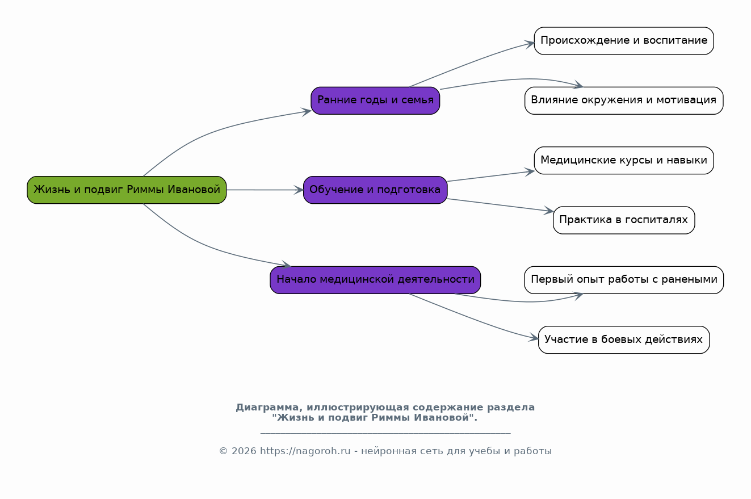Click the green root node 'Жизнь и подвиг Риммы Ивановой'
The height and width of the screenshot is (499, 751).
pos(127,190)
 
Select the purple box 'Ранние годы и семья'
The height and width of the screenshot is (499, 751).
pos(375,100)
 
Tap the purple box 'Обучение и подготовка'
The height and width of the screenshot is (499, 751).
pos(375,190)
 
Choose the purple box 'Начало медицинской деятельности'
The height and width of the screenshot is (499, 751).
pos(375,280)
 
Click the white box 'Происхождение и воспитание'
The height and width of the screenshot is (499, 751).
pos(624,41)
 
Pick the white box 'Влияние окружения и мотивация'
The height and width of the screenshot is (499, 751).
pos(624,100)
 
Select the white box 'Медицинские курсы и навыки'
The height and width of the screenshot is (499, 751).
pos(624,160)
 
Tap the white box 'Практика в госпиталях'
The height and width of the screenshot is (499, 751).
pos(624,220)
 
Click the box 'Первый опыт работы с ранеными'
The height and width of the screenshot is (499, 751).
pos(624,280)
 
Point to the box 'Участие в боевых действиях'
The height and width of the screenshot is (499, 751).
pos(624,339)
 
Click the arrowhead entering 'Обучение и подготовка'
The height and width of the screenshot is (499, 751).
pos(299,190)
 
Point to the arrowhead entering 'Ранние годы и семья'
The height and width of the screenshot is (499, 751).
pos(307,112)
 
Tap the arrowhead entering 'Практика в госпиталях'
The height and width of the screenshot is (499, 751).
pos(549,211)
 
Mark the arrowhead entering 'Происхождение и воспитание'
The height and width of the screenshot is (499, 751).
pos(530,44)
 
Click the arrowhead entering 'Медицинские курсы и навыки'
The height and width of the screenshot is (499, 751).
pos(530,172)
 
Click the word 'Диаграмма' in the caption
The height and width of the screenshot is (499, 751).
pos(267,408)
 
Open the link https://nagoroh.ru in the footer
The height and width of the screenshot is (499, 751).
pos(305,451)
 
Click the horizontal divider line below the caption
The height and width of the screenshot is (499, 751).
pos(385,433)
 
